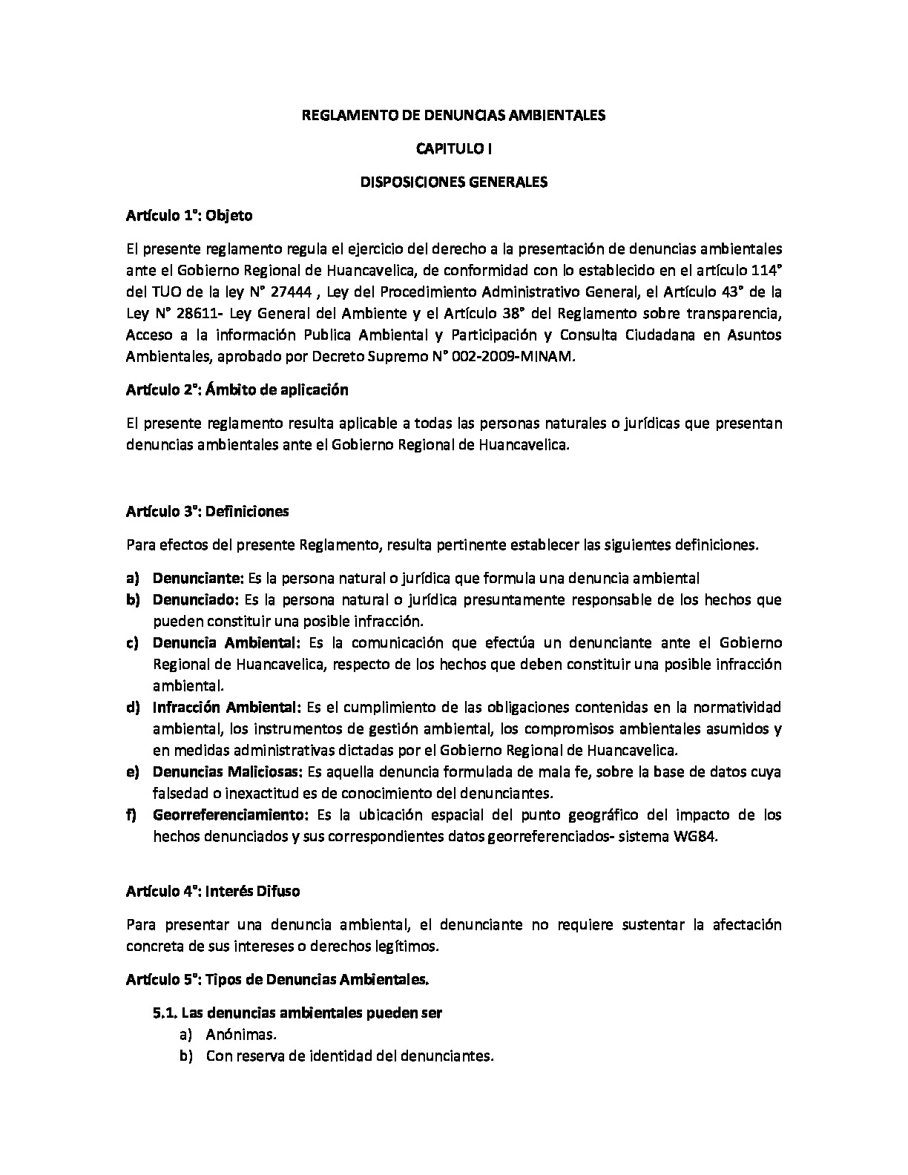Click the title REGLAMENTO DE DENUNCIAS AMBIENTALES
(453, 115)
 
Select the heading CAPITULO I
(453, 148)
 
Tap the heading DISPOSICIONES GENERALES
(453, 182)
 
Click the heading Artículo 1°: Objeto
(189, 216)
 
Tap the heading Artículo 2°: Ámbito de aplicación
(237, 389)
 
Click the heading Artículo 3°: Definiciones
(208, 511)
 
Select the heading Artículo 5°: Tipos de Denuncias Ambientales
(277, 979)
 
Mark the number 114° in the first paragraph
(764, 270)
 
